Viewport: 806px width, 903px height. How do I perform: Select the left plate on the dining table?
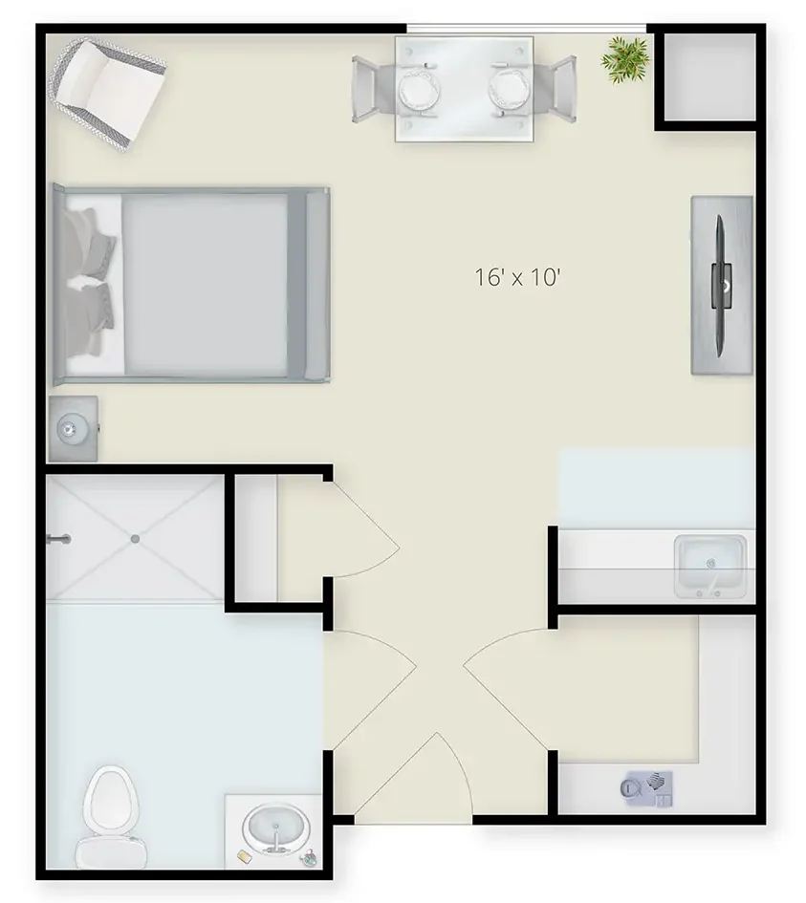pyautogui.click(x=418, y=89)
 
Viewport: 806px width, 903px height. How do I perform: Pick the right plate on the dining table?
pyautogui.click(x=506, y=89)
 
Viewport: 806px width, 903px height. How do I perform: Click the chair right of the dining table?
pyautogui.click(x=559, y=89)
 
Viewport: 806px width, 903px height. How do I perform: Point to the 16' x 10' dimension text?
pyautogui.click(x=516, y=278)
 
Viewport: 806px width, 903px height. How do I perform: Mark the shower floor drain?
pyautogui.click(x=135, y=539)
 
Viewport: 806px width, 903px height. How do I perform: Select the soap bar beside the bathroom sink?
pyautogui.click(x=245, y=850)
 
